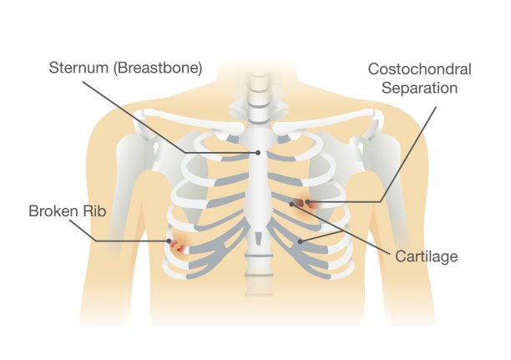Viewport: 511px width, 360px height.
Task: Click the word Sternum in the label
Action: click(77, 68)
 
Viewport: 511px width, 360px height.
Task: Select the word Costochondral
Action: click(420, 68)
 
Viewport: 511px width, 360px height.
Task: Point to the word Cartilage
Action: click(427, 256)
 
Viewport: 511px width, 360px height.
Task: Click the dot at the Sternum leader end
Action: click(259, 153)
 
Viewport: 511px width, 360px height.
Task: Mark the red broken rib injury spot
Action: click(177, 246)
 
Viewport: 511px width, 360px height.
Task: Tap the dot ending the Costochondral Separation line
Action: click(308, 201)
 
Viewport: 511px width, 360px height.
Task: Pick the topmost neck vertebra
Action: click(258, 74)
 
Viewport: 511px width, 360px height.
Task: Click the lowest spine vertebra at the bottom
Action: click(258, 288)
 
